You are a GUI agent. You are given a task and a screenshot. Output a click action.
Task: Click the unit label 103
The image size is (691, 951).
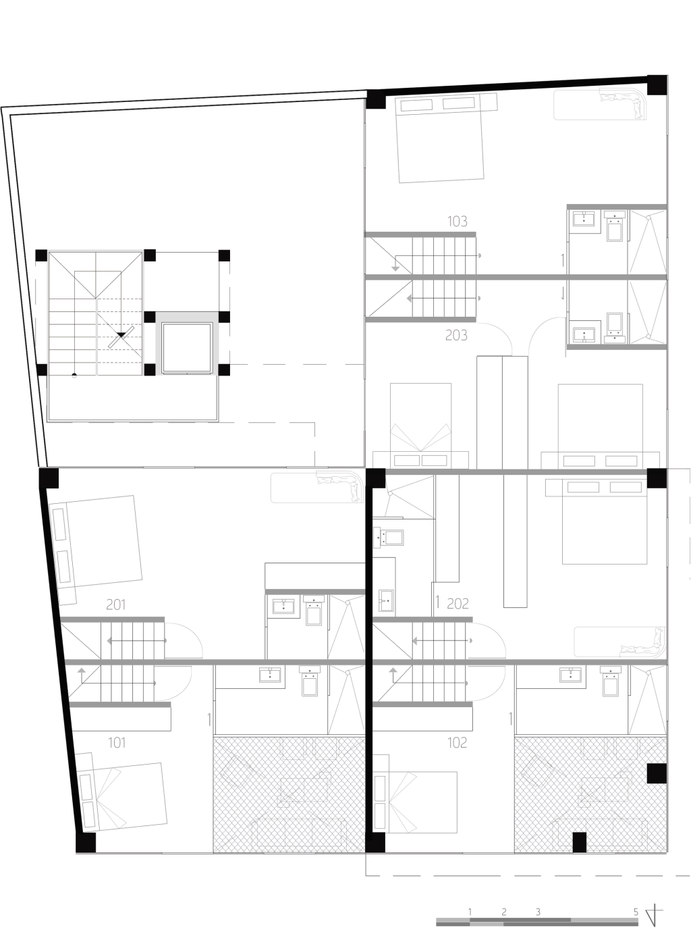(x=458, y=221)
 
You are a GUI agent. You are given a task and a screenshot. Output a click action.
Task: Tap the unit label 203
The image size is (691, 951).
(x=456, y=336)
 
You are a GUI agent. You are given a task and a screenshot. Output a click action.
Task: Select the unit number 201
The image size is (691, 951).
(x=116, y=605)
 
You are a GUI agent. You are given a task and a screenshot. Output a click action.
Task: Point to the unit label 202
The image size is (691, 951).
(x=458, y=604)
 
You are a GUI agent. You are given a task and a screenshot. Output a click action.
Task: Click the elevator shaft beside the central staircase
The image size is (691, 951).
(x=187, y=348)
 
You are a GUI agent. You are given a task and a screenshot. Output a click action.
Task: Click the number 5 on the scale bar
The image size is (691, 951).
(x=636, y=912)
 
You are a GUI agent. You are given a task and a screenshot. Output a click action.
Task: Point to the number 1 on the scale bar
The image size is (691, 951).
(x=470, y=912)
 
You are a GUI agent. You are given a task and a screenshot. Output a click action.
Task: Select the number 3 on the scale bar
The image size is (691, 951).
(x=538, y=912)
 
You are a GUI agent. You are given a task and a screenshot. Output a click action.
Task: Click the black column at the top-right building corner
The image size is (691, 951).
(x=657, y=85)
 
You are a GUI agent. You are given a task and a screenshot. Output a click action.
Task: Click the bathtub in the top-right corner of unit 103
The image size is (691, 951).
(x=600, y=105)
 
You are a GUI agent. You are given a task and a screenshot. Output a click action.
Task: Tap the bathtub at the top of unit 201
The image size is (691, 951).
(x=317, y=488)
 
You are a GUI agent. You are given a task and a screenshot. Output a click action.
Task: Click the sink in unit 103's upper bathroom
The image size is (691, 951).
(x=584, y=219)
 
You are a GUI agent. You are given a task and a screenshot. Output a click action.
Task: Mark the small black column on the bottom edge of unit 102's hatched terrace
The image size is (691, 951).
(x=580, y=842)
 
